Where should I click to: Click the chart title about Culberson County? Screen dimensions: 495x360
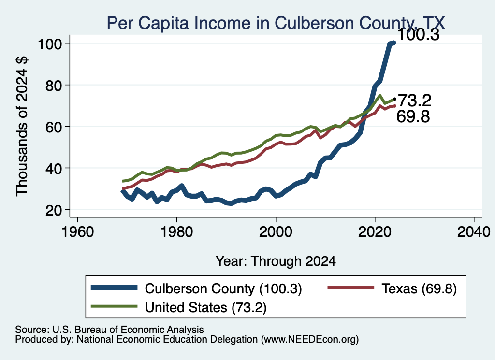pyautogui.click(x=276, y=23)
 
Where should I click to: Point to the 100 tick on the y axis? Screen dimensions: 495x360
pyautogui.click(x=49, y=44)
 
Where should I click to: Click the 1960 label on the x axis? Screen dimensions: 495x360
pyautogui.click(x=78, y=232)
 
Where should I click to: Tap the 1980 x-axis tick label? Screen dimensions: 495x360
pyautogui.click(x=177, y=232)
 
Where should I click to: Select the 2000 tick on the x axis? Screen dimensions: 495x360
pyautogui.click(x=276, y=232)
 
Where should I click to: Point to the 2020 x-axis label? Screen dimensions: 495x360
pyautogui.click(x=375, y=232)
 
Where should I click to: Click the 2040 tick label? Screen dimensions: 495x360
pyautogui.click(x=474, y=232)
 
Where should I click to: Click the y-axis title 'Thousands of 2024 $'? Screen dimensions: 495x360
pyautogui.click(x=22, y=126)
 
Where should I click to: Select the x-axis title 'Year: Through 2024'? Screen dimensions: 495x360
pyautogui.click(x=276, y=261)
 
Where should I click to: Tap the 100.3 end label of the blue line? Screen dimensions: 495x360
pyautogui.click(x=418, y=34)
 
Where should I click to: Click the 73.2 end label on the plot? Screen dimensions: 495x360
pyautogui.click(x=414, y=101)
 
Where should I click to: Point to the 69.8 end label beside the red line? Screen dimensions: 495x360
pyautogui.click(x=413, y=116)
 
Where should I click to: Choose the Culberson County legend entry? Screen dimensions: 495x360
pyautogui.click(x=196, y=288)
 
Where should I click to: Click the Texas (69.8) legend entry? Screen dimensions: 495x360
pyautogui.click(x=392, y=288)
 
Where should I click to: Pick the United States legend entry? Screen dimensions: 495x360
pyautogui.click(x=179, y=307)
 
